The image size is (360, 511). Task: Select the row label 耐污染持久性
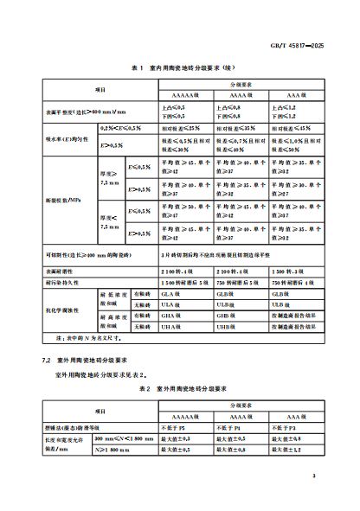(x=62, y=281)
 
